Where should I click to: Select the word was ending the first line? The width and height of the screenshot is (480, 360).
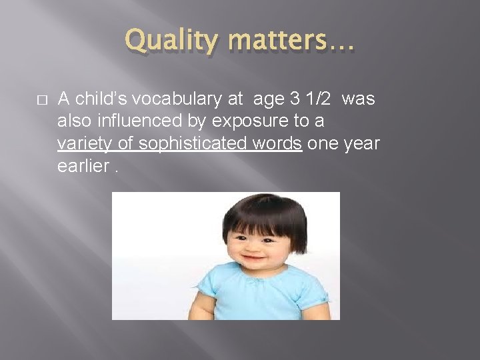(361, 99)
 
